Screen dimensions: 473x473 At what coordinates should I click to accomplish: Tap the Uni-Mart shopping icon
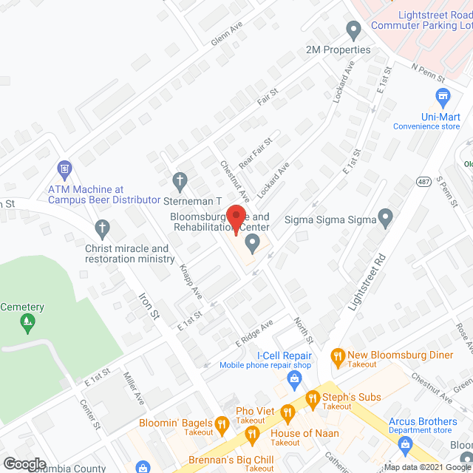[443, 96]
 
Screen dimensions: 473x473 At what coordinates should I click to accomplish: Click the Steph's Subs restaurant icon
[312, 397]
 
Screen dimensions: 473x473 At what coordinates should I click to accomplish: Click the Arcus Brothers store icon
[404, 443]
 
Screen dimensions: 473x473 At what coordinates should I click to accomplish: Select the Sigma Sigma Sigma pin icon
[384, 218]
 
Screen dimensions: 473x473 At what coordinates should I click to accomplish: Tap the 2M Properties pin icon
[353, 30]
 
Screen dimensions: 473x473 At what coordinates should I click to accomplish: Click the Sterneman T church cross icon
[179, 180]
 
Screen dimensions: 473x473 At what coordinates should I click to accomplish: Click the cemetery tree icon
[28, 321]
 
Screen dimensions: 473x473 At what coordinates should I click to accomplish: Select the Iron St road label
[149, 304]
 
